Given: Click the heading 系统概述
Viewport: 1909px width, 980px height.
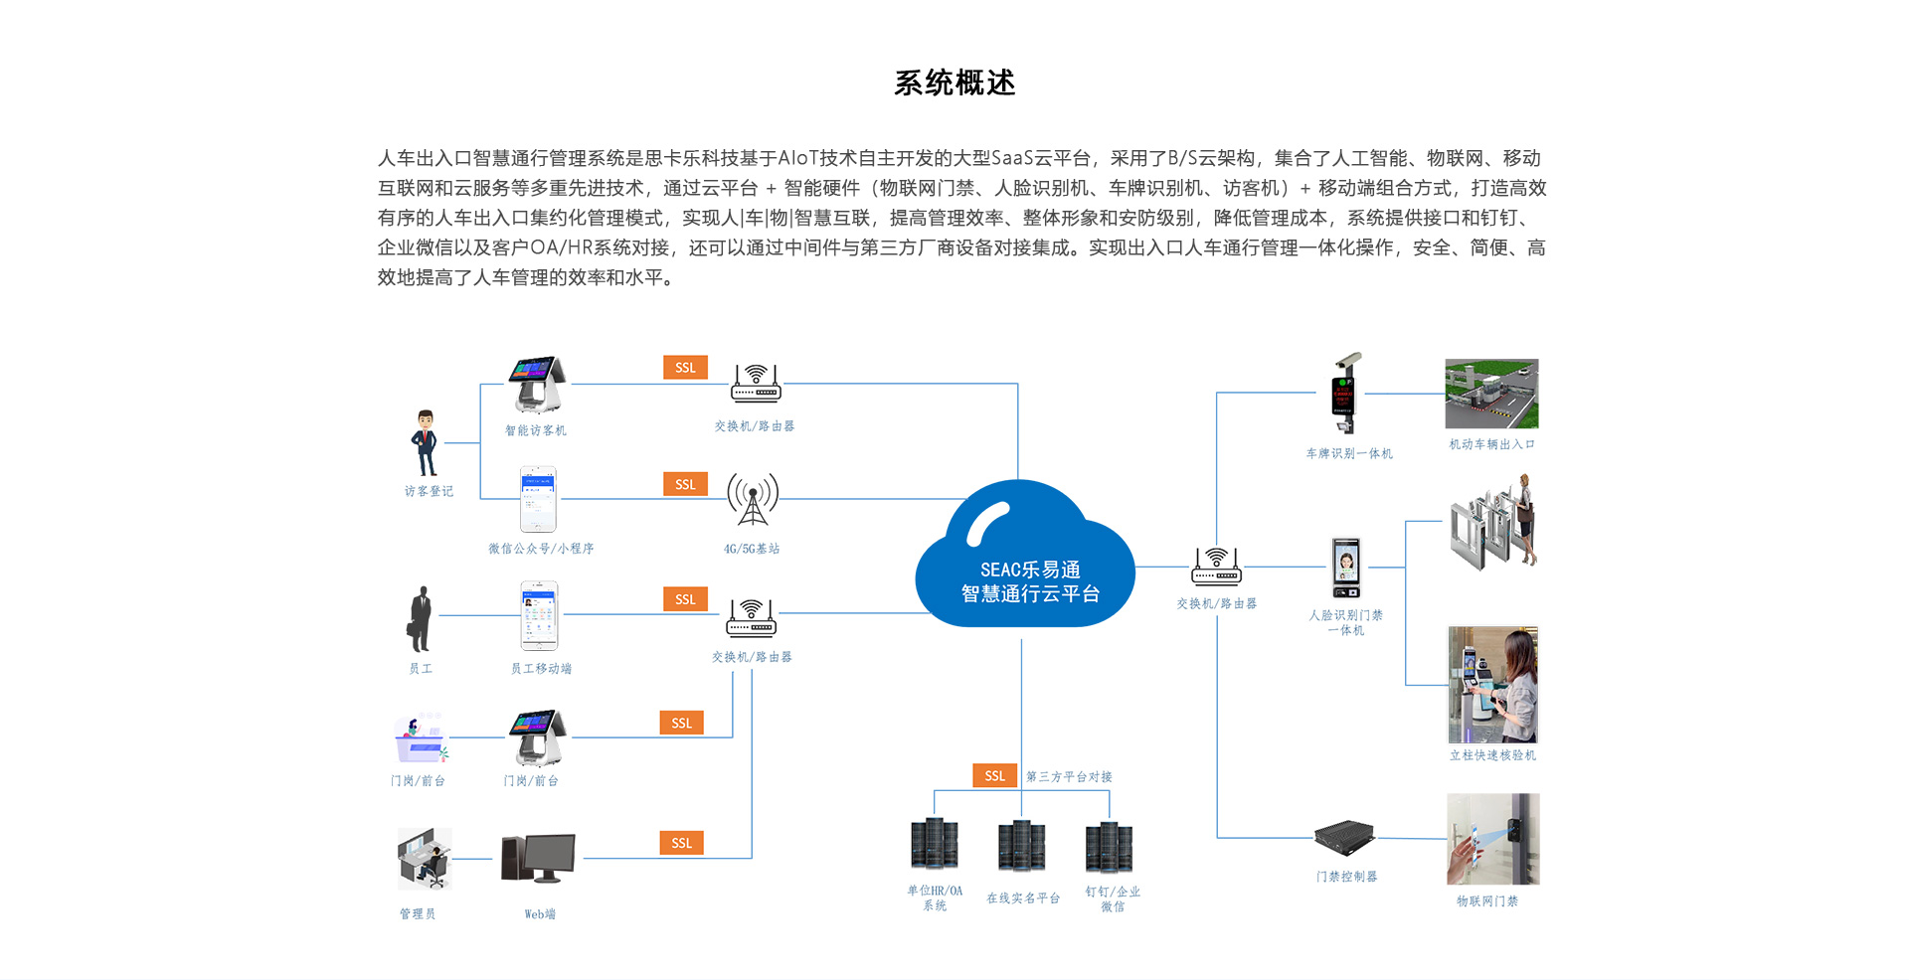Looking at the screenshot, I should [x=954, y=82].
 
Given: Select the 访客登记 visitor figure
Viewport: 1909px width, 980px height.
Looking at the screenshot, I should [x=426, y=443].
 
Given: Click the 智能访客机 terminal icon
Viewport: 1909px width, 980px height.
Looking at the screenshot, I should [x=537, y=386].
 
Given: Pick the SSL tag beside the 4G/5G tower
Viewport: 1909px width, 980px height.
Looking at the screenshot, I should [x=685, y=484].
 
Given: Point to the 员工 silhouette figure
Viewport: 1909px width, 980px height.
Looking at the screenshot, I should [x=421, y=618].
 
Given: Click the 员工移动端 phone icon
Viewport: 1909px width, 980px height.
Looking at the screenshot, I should [x=540, y=616].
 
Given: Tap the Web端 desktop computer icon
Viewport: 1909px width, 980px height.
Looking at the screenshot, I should [x=539, y=859].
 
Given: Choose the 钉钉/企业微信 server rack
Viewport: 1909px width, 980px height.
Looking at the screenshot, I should [x=1109, y=846].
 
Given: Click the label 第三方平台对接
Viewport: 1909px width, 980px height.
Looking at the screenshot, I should [x=1069, y=776].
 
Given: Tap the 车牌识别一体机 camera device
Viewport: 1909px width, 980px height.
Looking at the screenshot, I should [x=1345, y=394].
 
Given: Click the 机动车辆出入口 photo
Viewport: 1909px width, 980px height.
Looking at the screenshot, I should [x=1490, y=394].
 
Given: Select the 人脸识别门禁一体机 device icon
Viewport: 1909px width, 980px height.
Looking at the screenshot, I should [x=1346, y=568].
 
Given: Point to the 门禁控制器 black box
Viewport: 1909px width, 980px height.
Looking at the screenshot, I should [x=1344, y=838].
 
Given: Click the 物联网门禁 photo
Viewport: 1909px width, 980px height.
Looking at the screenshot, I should [x=1492, y=839].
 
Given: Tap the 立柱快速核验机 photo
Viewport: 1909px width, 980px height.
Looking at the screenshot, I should [x=1492, y=685].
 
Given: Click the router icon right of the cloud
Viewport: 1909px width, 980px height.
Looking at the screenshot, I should [x=1216, y=567].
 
